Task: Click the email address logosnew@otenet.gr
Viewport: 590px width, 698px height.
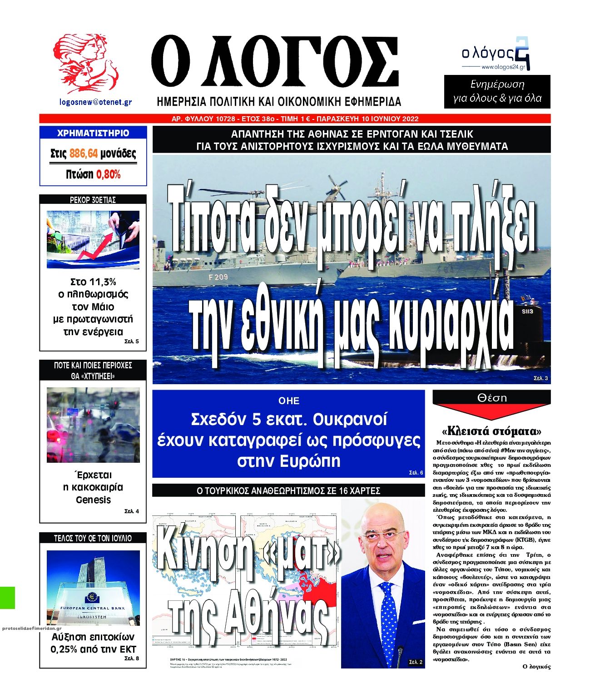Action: [95, 103]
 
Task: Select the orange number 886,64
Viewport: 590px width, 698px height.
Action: [84, 154]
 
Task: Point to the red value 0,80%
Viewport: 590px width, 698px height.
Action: [108, 174]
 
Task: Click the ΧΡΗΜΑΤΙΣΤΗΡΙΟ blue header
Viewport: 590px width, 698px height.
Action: [93, 134]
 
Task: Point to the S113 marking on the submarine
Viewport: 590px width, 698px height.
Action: [527, 312]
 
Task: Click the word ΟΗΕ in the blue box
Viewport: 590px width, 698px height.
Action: [289, 401]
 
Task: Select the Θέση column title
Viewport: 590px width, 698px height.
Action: [492, 398]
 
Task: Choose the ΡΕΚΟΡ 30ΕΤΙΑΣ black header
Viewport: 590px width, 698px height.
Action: [93, 199]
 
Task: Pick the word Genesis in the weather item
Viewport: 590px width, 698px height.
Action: [93, 500]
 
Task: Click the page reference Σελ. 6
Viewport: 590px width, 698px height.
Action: [416, 473]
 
